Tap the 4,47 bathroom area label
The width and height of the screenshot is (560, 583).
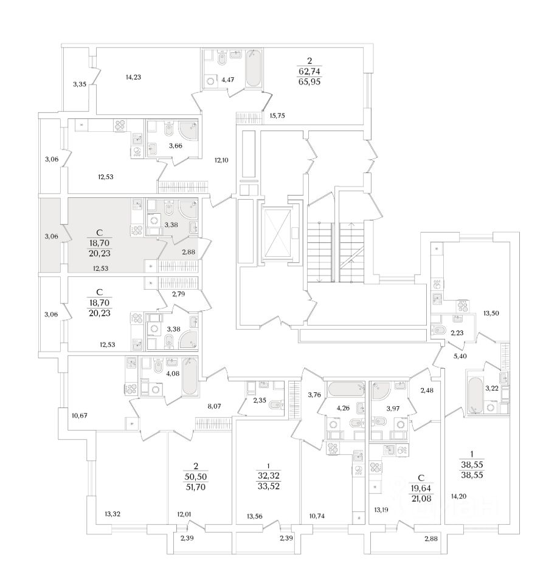click(229, 78)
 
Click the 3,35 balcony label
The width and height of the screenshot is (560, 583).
click(79, 84)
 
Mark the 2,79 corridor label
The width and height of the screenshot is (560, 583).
click(178, 295)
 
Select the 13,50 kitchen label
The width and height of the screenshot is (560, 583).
click(491, 313)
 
